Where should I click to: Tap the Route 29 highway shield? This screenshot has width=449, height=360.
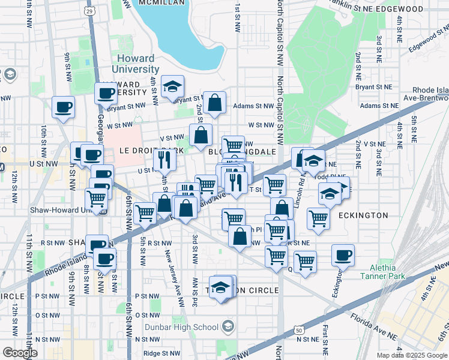point(89,11)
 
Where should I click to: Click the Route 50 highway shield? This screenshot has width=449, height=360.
point(298,329)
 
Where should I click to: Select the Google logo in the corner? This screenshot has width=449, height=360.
point(20,353)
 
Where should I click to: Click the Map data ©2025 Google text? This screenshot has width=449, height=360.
point(412,355)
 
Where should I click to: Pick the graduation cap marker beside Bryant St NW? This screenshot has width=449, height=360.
point(172,87)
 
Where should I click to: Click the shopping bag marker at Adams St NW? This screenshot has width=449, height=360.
point(214,103)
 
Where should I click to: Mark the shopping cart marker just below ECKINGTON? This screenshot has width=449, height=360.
point(318,219)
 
